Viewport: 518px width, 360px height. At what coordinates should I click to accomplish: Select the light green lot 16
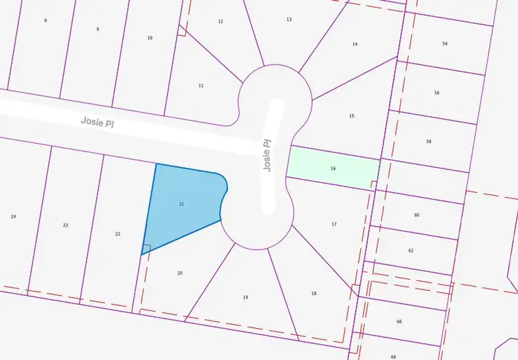pyautogui.click(x=333, y=168)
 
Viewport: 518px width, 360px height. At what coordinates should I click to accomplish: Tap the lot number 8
pyautogui.click(x=46, y=21)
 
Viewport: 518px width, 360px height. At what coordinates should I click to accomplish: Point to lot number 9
pyautogui.click(x=97, y=29)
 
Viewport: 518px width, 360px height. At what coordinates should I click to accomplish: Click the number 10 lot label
pyautogui.click(x=150, y=37)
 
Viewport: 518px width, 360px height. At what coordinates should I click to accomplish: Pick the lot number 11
pyautogui.click(x=201, y=86)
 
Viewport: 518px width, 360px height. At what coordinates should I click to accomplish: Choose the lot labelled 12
pyautogui.click(x=220, y=21)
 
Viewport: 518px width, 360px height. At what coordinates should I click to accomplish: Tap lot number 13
pyautogui.click(x=289, y=19)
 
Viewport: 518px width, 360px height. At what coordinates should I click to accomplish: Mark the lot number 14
pyautogui.click(x=355, y=44)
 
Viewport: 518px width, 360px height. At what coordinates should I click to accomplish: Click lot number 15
pyautogui.click(x=352, y=116)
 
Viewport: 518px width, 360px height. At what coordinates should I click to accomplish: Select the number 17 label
pyautogui.click(x=334, y=224)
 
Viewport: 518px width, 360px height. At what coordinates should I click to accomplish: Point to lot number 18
pyautogui.click(x=314, y=294)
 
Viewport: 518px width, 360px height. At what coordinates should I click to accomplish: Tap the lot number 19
pyautogui.click(x=245, y=297)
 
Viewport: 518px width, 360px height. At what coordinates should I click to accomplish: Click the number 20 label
pyautogui.click(x=180, y=273)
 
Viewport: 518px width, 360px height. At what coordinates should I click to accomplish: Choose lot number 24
pyautogui.click(x=13, y=217)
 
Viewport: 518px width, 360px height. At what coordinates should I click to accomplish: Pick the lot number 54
pyautogui.click(x=445, y=44)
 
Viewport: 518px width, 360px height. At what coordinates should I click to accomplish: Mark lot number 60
pyautogui.click(x=416, y=215)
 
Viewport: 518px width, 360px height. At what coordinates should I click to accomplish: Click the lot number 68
pyautogui.click(x=393, y=357)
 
